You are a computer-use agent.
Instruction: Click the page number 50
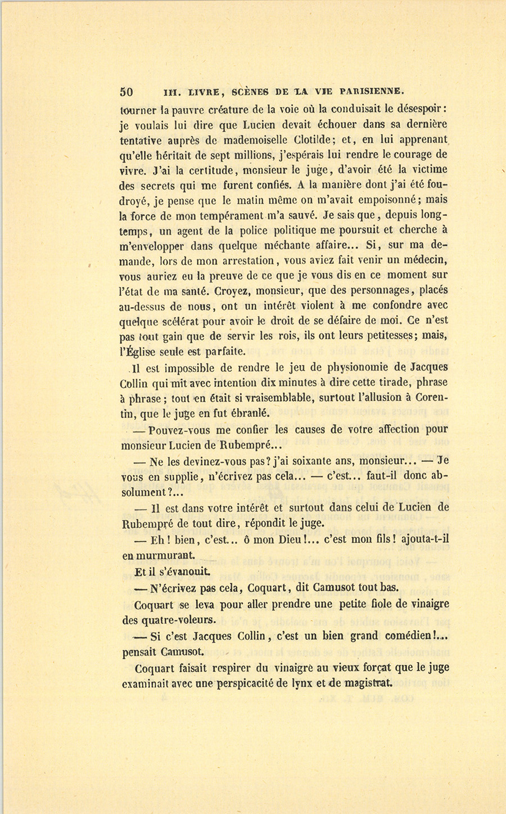pyautogui.click(x=126, y=92)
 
